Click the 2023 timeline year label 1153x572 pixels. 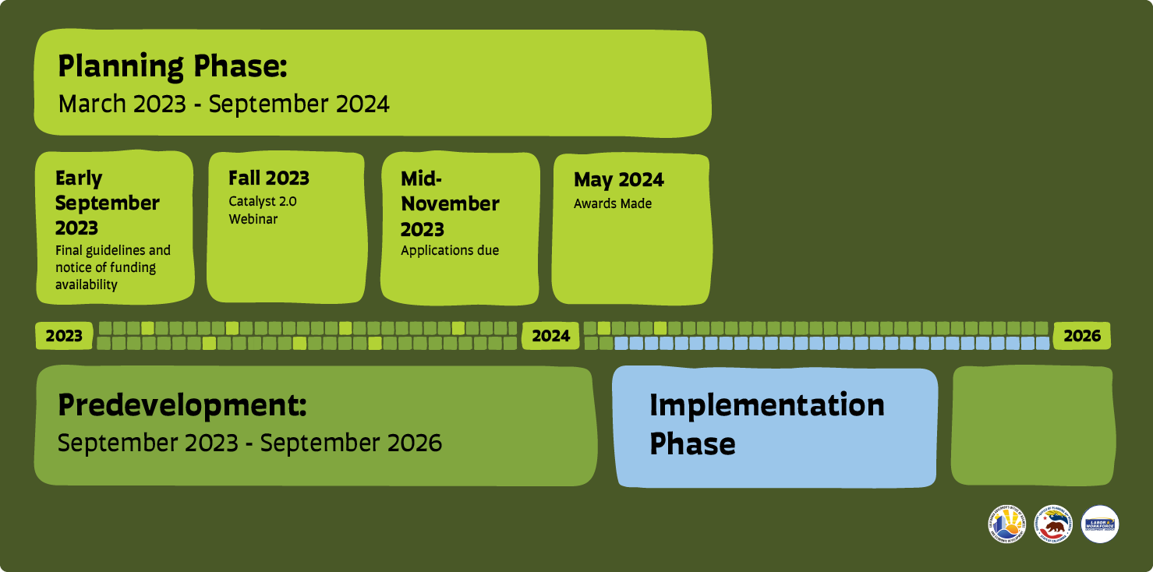pos(64,336)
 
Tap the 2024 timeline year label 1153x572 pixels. pos(550,336)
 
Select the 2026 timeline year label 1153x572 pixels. pos(1082,336)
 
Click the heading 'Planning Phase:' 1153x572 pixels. pos(173,67)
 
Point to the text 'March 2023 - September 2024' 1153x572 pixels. pos(224,104)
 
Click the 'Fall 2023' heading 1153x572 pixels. pos(269,178)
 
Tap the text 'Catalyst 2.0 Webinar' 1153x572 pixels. pos(263,210)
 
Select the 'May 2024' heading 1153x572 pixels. pos(619,180)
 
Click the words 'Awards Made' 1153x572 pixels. pos(613,204)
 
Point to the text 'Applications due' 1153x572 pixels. pos(450,251)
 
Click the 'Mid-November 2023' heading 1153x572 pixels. pos(450,204)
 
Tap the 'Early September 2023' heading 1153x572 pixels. pos(108,203)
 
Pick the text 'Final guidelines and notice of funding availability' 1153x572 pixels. pos(113,267)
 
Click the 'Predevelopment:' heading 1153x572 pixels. pos(182,405)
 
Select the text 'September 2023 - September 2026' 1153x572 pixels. pos(249,443)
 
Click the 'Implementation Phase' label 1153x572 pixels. pos(766,424)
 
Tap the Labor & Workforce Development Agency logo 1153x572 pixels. pos(1100,524)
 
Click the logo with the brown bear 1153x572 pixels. pos(1053,524)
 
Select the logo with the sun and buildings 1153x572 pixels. pos(1007,524)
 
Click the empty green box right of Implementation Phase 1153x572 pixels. pos(1033,425)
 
